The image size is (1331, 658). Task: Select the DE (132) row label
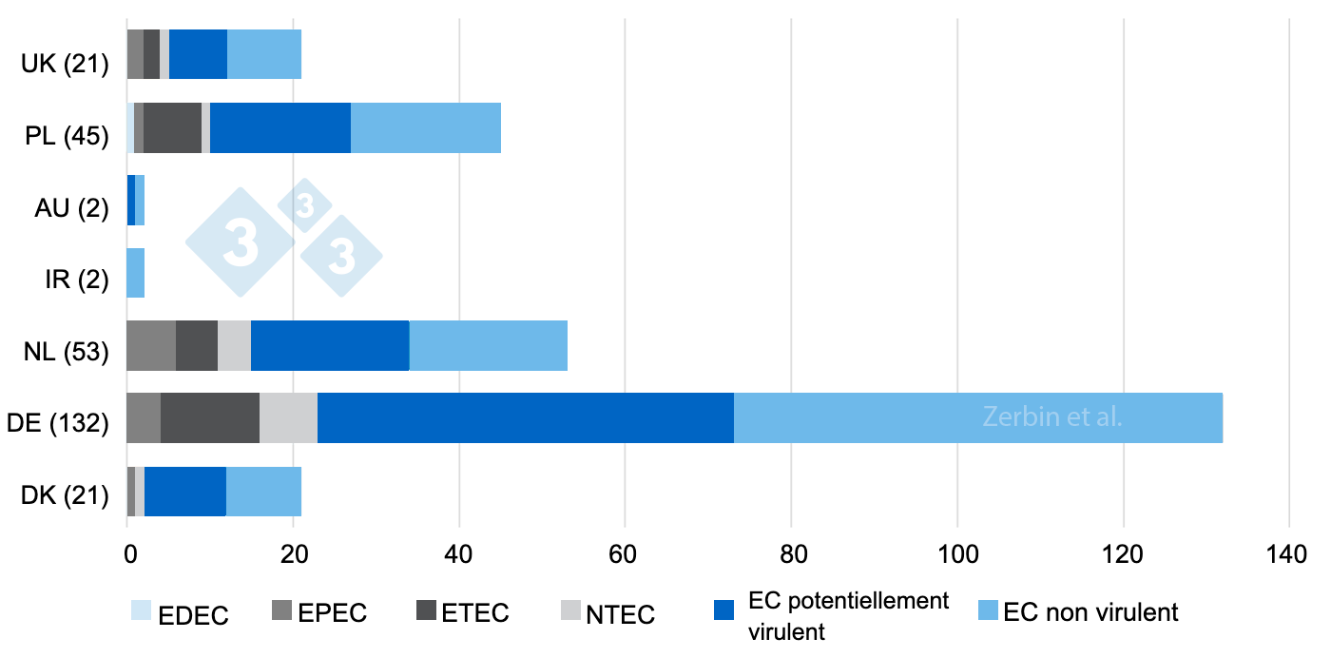(59, 422)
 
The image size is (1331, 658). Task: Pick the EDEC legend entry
(180, 614)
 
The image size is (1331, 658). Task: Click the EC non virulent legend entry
(1078, 611)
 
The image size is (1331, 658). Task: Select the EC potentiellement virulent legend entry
(832, 614)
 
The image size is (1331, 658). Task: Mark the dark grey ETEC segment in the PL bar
(172, 127)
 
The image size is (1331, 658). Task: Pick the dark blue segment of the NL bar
(330, 345)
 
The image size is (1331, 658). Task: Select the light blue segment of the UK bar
(264, 55)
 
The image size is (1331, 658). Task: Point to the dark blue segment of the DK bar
(185, 491)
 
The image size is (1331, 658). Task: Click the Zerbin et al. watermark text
(1052, 417)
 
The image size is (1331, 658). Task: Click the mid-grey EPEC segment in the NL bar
(151, 345)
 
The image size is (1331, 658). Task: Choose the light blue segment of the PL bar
(426, 127)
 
